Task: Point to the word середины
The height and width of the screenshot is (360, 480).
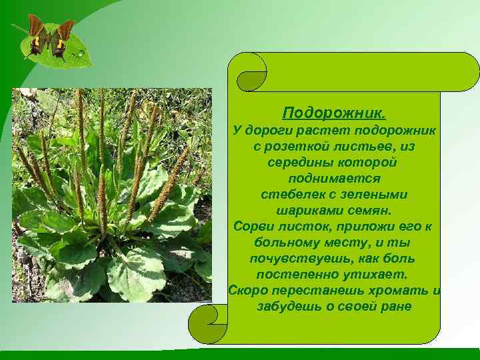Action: click(x=298, y=163)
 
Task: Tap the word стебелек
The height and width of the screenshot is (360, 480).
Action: click(x=289, y=195)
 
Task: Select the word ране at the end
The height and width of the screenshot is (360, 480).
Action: click(x=397, y=307)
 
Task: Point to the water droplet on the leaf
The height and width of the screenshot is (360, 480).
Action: click(x=81, y=53)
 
